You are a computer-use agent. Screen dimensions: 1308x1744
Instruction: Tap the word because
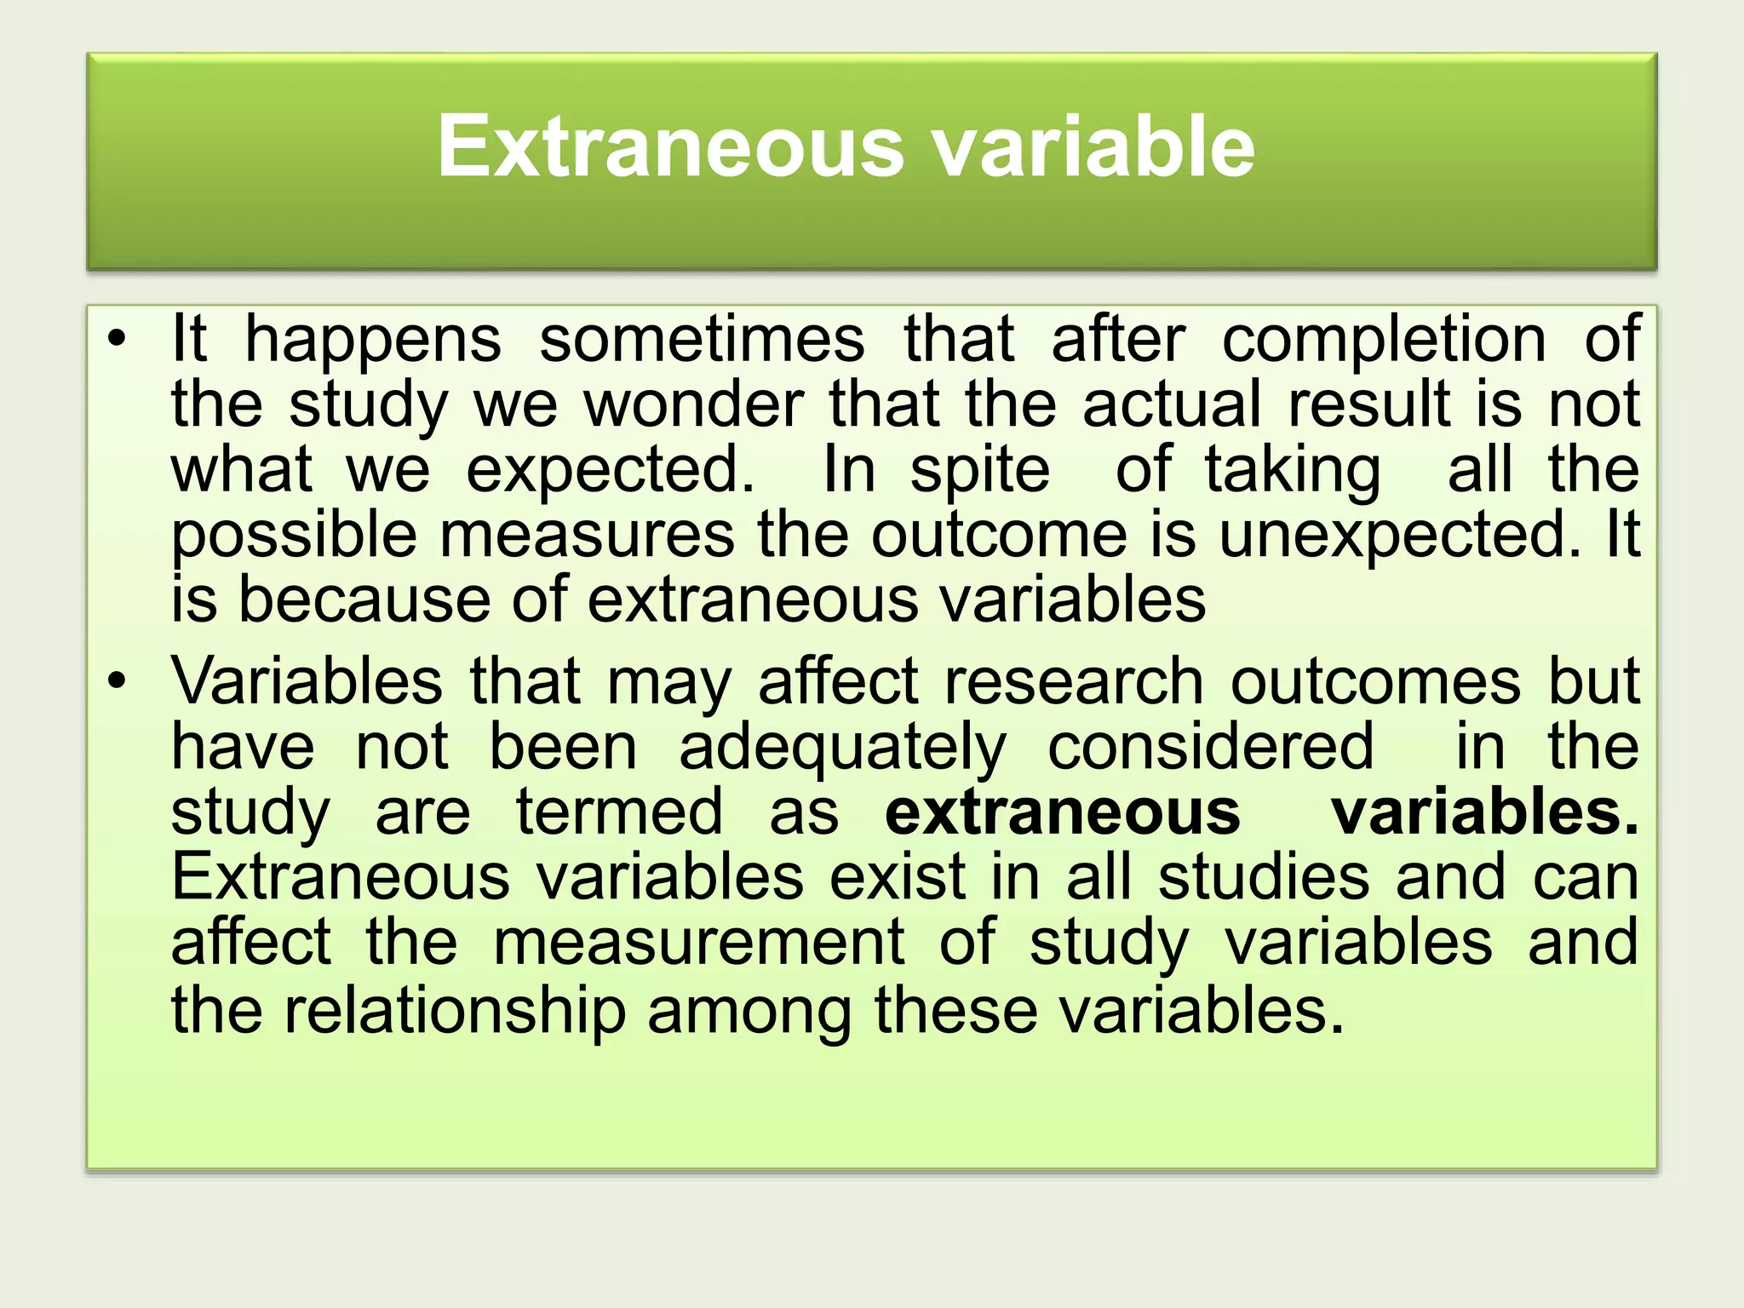[x=364, y=599]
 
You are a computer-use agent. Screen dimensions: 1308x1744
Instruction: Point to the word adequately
[x=842, y=749]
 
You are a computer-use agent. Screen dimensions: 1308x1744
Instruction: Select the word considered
[x=1210, y=747]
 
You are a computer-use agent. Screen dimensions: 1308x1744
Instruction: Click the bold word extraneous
[x=1062, y=812]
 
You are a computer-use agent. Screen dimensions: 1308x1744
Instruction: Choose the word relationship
[x=454, y=1011]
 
